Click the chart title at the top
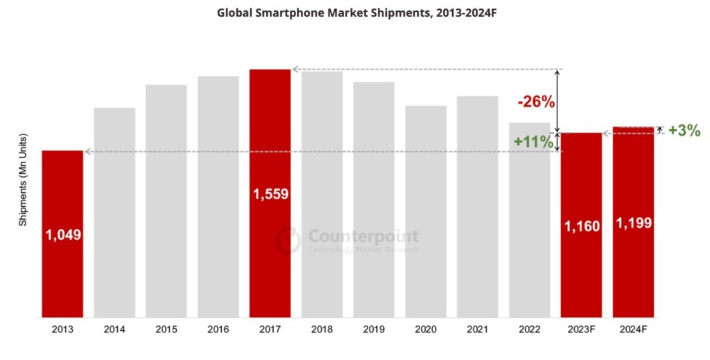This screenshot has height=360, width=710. pyautogui.click(x=354, y=12)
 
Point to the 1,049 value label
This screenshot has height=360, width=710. pyautogui.click(x=63, y=234)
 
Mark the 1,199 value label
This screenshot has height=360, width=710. pyautogui.click(x=633, y=223)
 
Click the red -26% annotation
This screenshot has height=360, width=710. pyautogui.click(x=536, y=102)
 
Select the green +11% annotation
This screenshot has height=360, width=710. pyautogui.click(x=533, y=142)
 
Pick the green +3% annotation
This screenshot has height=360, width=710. pyautogui.click(x=684, y=130)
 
